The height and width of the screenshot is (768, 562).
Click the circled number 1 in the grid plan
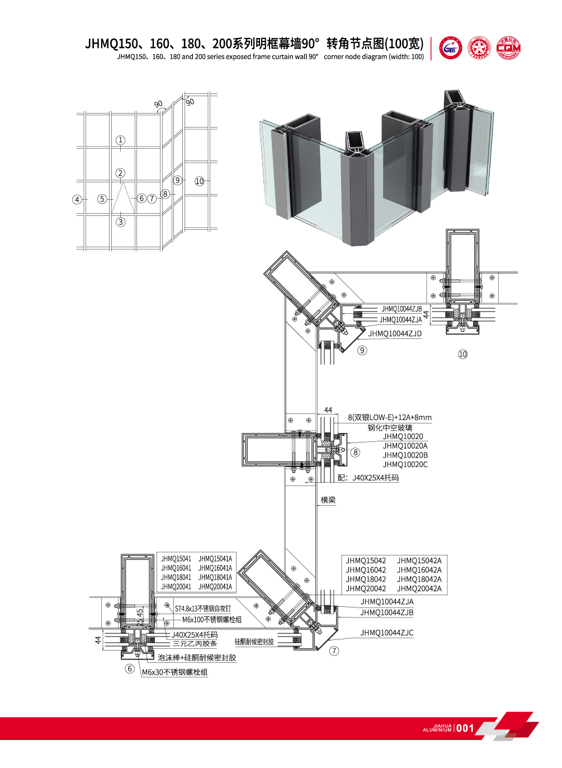click(x=120, y=140)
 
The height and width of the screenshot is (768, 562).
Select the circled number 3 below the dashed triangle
click(x=120, y=222)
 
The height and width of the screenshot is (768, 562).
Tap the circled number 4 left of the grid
click(x=77, y=199)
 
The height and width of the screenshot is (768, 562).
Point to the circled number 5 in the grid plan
click(x=102, y=199)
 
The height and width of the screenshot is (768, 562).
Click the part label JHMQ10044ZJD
click(x=395, y=334)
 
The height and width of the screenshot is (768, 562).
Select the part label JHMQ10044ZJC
click(x=387, y=633)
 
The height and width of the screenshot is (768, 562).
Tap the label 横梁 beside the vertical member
click(x=328, y=500)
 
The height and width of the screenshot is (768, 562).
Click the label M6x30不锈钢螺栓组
click(x=174, y=672)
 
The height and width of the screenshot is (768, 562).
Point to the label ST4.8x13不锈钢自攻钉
click(x=202, y=609)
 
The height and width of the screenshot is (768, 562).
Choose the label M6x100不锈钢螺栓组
click(x=212, y=620)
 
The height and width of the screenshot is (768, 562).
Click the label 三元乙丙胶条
click(x=195, y=644)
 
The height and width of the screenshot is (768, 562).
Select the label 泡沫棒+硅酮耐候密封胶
click(x=197, y=658)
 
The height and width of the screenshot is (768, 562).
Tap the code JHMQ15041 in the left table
click(x=176, y=559)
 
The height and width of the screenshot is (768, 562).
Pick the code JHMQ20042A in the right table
click(x=419, y=588)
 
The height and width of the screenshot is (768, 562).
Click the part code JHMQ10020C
click(x=405, y=464)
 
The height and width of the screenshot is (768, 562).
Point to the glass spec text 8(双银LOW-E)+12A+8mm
click(x=390, y=417)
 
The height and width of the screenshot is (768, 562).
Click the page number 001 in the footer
click(x=465, y=728)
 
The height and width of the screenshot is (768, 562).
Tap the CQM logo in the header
click(x=508, y=48)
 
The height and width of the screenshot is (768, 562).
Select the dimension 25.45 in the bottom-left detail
click(x=140, y=617)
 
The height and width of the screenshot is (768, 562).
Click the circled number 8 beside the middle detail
click(x=356, y=453)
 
